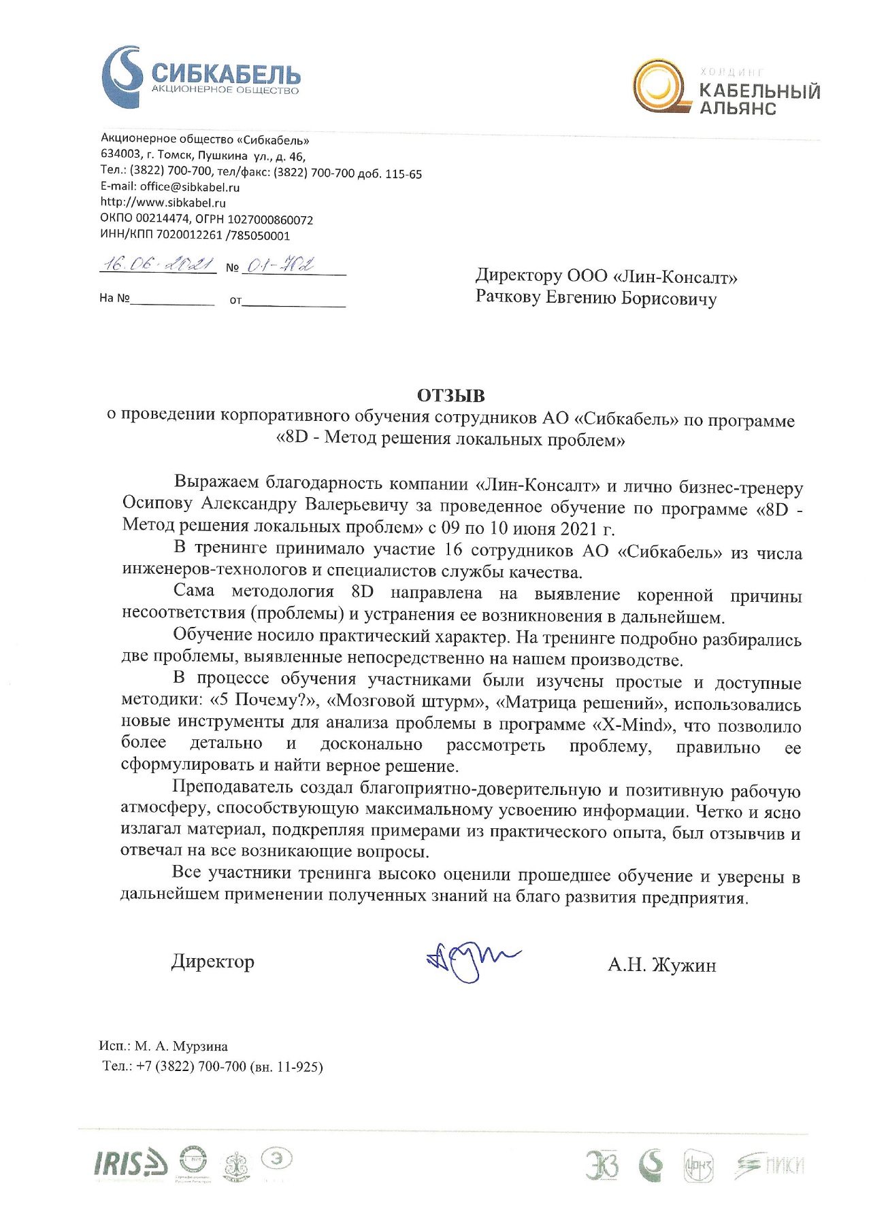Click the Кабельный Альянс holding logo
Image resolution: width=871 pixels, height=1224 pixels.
pyautogui.click(x=726, y=88)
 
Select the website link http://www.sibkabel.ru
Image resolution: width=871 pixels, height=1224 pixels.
pyautogui.click(x=163, y=203)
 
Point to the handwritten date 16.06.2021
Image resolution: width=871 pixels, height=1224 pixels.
pyautogui.click(x=158, y=264)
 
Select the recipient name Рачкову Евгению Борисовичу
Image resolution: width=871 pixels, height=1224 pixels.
pyautogui.click(x=595, y=299)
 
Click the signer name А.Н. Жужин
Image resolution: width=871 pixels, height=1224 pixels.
pyautogui.click(x=661, y=965)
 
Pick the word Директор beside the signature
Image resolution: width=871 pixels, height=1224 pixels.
pyautogui.click(x=212, y=962)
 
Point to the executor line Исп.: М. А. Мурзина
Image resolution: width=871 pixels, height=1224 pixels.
pyautogui.click(x=163, y=1047)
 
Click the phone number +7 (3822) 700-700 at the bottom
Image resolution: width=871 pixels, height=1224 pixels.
pyautogui.click(x=191, y=1066)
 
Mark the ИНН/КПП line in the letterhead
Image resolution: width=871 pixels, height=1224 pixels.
pyautogui.click(x=195, y=236)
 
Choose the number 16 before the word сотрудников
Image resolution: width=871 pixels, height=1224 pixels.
pyautogui.click(x=453, y=550)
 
